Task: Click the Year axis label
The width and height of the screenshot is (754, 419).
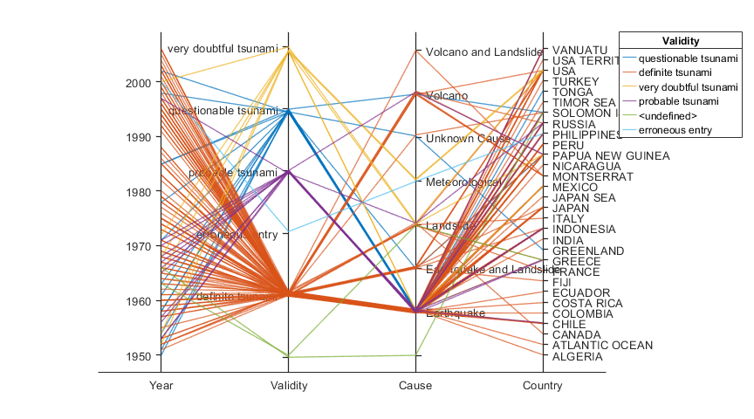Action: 161,386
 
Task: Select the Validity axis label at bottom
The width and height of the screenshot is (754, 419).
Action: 289,386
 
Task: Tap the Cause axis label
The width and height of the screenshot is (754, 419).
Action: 415,386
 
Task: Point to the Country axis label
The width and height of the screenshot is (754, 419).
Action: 542,386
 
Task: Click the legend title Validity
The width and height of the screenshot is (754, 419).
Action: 681,41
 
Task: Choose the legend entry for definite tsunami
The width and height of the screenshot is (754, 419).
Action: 688,72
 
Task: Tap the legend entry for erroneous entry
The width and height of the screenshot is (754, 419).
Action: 688,130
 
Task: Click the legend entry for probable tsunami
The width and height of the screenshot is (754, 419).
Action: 688,101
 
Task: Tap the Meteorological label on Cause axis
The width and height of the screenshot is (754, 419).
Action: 463,182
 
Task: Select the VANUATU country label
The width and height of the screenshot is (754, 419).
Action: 579,50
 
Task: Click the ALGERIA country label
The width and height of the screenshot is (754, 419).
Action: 578,356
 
